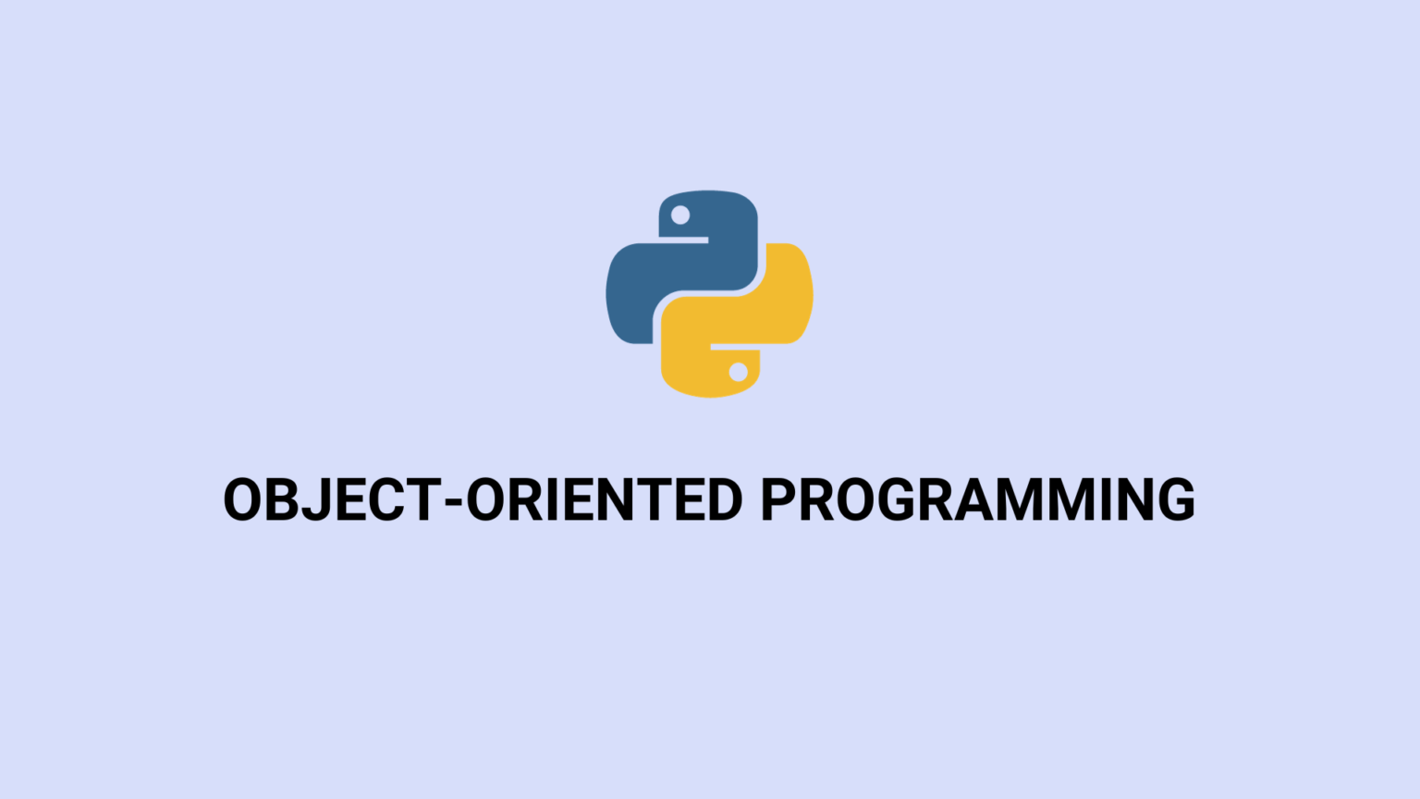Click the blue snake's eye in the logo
pyautogui.click(x=680, y=215)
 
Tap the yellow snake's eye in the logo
pyautogui.click(x=738, y=372)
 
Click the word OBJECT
pyautogui.click(x=332, y=499)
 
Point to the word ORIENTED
pyautogui.click(x=604, y=499)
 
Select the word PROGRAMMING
pyautogui.click(x=977, y=499)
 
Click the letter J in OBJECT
pyautogui.click(x=315, y=499)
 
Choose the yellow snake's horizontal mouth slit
pyautogui.click(x=735, y=348)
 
